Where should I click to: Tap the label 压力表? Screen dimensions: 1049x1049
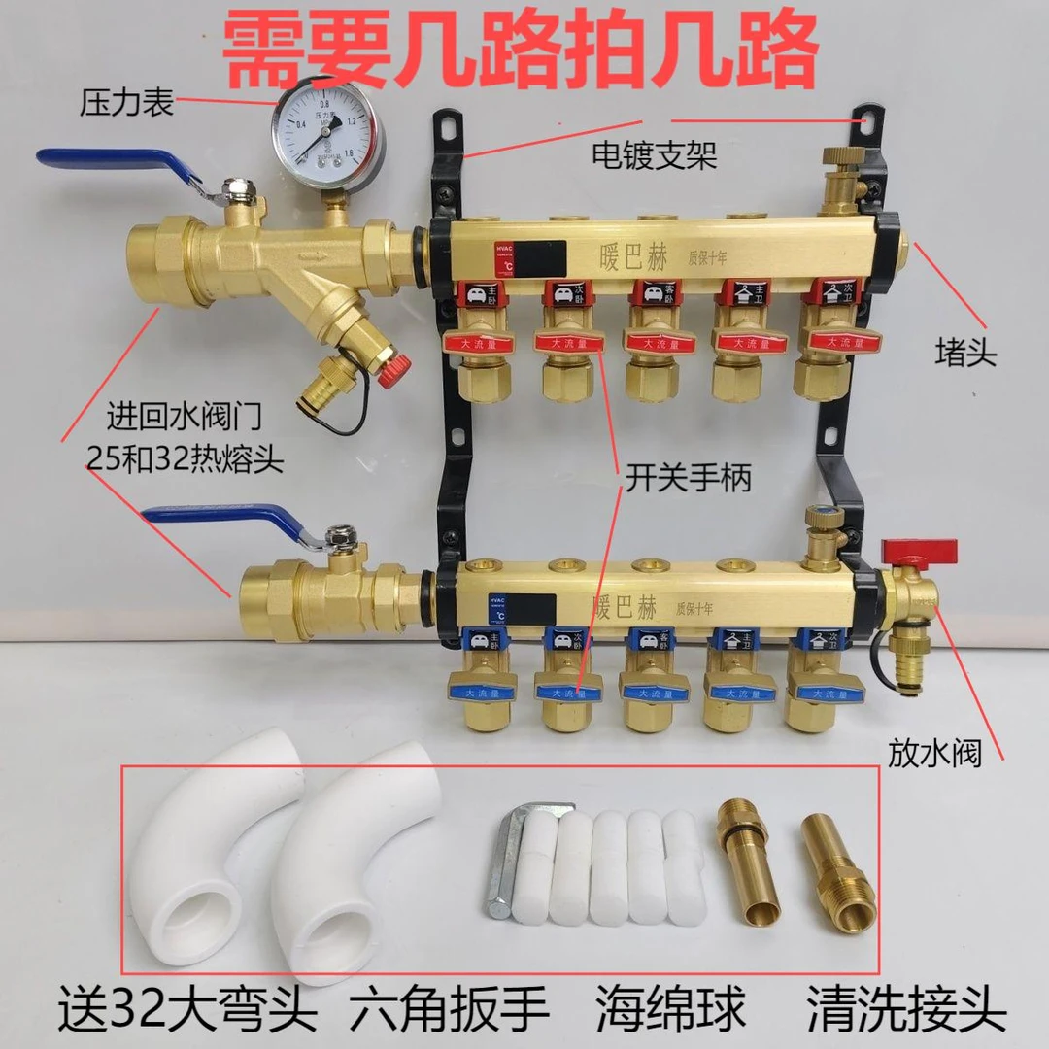[x=126, y=101]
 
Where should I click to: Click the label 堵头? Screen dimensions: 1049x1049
[x=965, y=352]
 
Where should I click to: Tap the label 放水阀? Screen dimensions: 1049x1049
[x=932, y=754]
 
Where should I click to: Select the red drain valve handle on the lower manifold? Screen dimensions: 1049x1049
[x=919, y=551]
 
